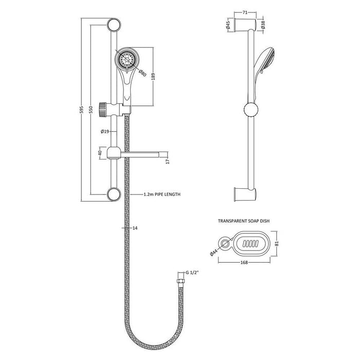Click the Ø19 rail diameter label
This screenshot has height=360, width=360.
pos(105,132)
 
